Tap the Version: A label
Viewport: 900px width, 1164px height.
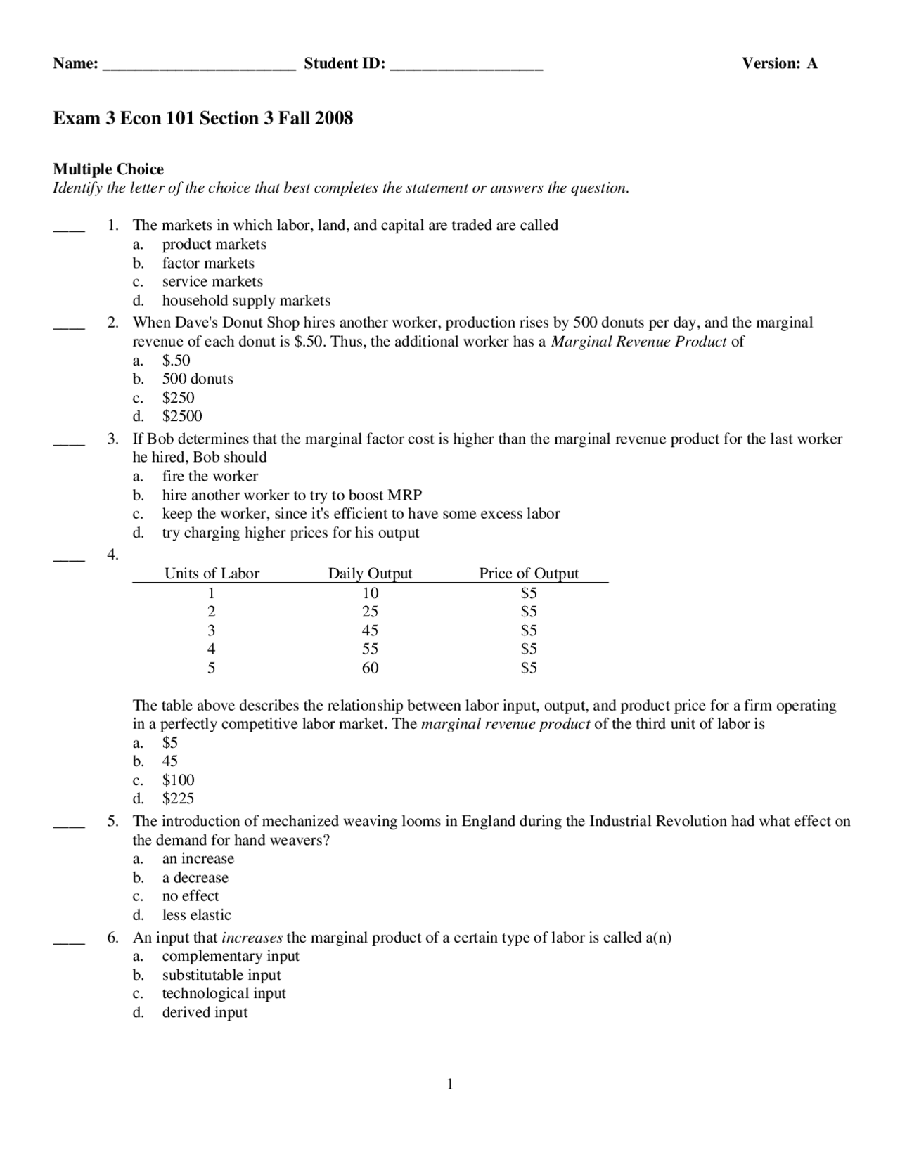pos(780,63)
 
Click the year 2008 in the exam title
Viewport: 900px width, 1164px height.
pos(334,118)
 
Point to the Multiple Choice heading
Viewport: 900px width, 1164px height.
pos(108,169)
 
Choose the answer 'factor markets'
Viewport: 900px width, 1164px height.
pos(208,263)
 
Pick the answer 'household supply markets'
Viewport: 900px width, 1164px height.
pos(246,301)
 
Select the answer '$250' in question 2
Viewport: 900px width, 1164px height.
pos(178,397)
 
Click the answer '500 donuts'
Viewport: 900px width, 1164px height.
pos(198,379)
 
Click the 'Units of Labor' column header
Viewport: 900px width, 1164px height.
pos(212,574)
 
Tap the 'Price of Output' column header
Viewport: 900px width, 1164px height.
pos(529,574)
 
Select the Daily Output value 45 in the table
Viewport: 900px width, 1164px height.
pos(370,630)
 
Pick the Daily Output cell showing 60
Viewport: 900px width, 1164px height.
pos(370,668)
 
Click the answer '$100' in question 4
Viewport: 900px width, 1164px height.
pos(178,780)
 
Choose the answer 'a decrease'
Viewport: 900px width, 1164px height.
pos(195,878)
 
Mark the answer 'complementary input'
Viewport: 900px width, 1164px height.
pos(231,956)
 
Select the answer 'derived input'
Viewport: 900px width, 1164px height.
pos(205,1013)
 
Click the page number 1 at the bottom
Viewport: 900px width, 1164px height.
pos(450,1085)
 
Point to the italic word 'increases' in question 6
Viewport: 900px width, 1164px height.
pos(252,938)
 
